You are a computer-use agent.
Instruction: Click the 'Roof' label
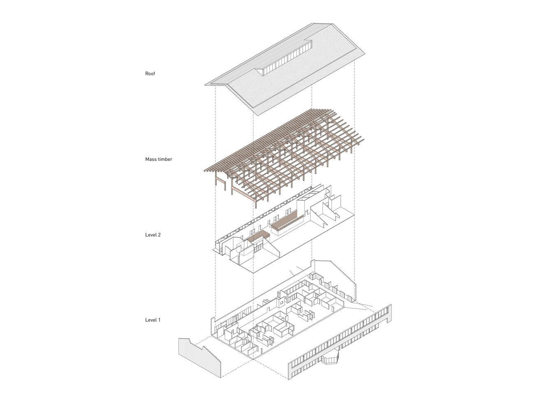(x=150, y=74)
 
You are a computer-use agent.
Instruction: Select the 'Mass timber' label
(x=159, y=159)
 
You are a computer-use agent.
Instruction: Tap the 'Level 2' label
(x=153, y=235)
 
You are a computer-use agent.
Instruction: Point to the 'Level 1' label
(x=153, y=320)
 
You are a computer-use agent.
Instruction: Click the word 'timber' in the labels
(x=165, y=159)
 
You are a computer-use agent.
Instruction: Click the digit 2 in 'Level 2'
(x=159, y=235)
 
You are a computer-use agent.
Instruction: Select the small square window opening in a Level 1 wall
(x=282, y=303)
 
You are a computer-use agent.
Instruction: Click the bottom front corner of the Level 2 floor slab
(x=253, y=273)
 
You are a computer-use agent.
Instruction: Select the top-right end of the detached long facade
(x=390, y=305)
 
